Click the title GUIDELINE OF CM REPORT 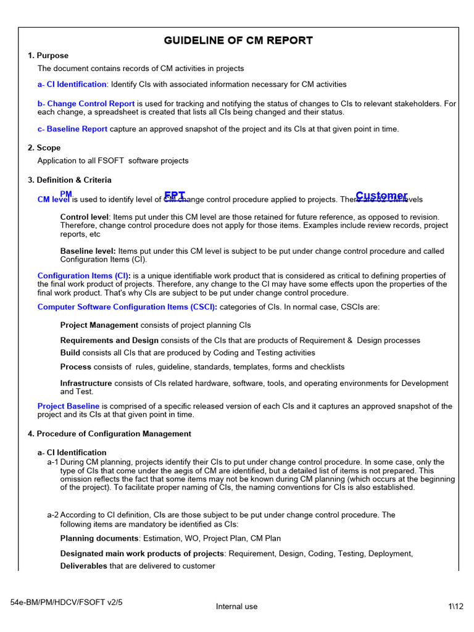point(238,41)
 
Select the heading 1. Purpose point(48,56)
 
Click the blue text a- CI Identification point(72,84)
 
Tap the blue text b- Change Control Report point(86,104)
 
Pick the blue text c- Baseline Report point(72,129)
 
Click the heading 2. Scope point(44,148)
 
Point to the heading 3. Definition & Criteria point(70,180)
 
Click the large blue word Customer point(381,196)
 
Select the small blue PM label point(66,194)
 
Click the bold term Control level point(85,217)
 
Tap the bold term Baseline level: point(88,251)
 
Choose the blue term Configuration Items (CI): point(84,276)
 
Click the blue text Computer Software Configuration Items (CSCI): point(127,307)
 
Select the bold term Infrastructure point(86,383)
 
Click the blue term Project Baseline point(69,406)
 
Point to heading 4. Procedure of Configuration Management point(109,434)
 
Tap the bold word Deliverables point(84,566)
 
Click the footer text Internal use point(236,607)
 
